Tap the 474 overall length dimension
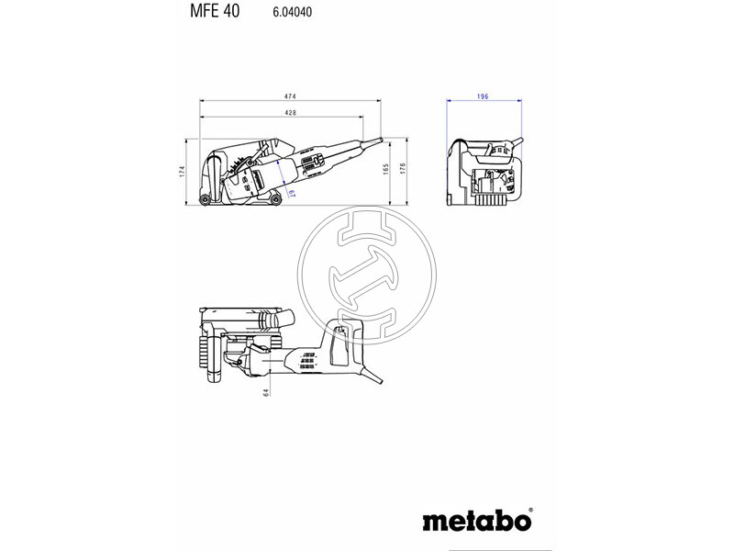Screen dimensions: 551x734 (290, 96)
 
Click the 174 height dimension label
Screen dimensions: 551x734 (183, 171)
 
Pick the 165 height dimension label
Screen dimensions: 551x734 (386, 169)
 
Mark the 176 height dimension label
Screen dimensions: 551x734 (403, 169)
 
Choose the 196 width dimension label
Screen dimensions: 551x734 (483, 96)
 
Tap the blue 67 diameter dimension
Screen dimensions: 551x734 (291, 191)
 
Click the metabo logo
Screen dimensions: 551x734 (476, 522)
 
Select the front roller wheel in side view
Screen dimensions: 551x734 (276, 196)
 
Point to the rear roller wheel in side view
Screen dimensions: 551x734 (204, 200)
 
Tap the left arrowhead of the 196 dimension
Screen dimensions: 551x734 (448, 102)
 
